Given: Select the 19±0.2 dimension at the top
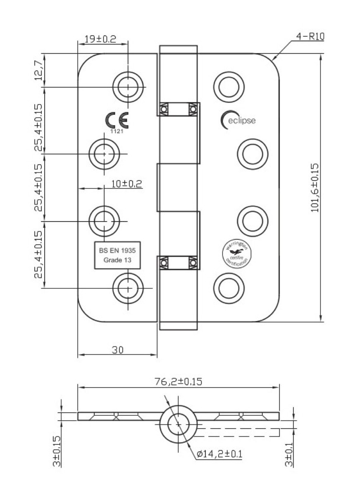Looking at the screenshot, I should pos(100,39).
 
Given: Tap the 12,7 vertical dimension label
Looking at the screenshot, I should pos(39,70).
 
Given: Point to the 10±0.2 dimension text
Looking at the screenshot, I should pos(126,184).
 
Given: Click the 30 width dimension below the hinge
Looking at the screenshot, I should pos(118,350).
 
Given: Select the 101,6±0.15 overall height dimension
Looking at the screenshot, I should pos(315,188).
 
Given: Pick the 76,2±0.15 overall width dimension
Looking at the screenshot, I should pos(179,382).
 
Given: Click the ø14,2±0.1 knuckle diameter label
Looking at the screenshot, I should pos(219,454).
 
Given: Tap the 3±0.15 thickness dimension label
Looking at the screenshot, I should pos(57,451).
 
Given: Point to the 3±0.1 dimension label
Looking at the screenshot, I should pos(289,454).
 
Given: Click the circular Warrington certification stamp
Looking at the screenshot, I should pos(236,253).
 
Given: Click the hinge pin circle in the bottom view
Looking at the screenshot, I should pos(179,424).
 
